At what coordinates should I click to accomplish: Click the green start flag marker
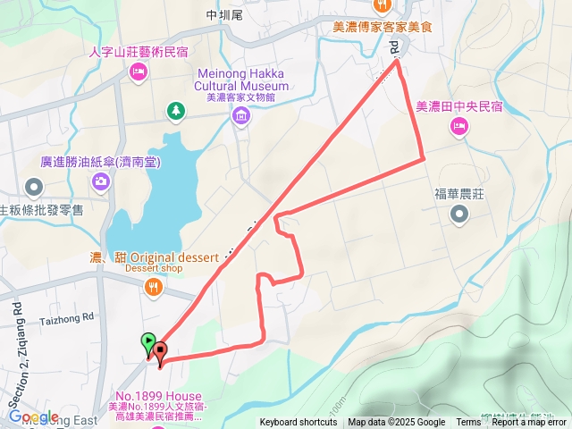coord(147,341)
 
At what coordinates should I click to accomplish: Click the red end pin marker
coord(160,350)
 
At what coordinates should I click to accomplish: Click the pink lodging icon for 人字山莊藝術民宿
coord(138,71)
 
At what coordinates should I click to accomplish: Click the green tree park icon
coord(176,110)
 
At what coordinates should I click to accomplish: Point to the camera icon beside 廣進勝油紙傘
coord(100,182)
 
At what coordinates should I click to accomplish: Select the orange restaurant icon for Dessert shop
coord(154,287)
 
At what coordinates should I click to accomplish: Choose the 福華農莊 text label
coord(459,192)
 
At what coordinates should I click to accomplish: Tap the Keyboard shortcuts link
coord(299,423)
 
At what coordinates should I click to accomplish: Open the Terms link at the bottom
coord(468,423)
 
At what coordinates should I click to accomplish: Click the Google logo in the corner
coord(33,416)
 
